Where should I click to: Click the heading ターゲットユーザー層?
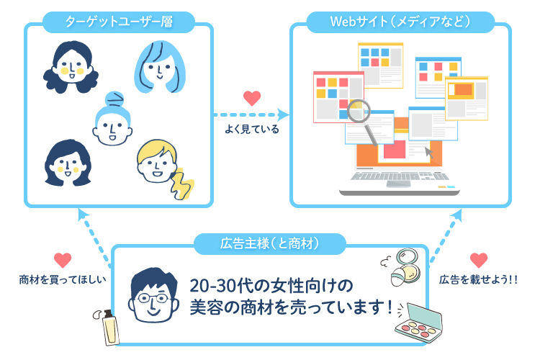119,22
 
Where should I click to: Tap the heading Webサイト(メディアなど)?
400,22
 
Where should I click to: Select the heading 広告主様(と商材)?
270,244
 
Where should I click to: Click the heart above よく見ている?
252,98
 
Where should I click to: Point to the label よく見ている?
252,130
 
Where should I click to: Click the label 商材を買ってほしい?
63,279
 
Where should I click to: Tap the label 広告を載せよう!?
478,279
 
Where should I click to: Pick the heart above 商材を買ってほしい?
63,260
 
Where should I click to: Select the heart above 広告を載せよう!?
479,260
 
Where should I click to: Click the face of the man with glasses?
153,296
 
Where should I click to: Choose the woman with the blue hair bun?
112,119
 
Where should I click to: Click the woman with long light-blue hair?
160,67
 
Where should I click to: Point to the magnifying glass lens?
359,111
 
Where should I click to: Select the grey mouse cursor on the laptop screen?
429,152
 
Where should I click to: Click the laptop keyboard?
400,176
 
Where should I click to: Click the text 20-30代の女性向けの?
271,286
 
